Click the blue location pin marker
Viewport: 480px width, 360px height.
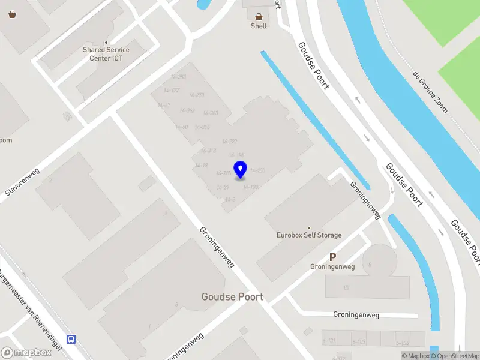coord(240,170)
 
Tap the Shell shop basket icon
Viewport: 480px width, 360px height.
coord(259,17)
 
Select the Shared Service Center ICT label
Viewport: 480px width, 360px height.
coord(107,53)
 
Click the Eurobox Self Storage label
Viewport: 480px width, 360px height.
coord(309,235)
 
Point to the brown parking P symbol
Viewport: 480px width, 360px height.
coord(332,257)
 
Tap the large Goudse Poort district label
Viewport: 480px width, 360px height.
coord(232,297)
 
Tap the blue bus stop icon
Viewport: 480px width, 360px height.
coord(71,339)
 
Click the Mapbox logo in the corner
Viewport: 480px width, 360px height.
coord(26,353)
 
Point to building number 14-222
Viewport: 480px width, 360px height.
coord(229,142)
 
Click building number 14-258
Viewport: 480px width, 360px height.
coord(178,77)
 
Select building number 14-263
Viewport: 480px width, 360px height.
coord(211,113)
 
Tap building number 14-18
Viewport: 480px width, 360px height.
coord(202,165)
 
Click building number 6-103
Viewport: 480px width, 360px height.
coord(359,342)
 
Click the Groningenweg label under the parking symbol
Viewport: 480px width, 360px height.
coord(332,266)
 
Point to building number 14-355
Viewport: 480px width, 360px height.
coord(202,127)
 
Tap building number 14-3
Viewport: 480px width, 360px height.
coord(229,199)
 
